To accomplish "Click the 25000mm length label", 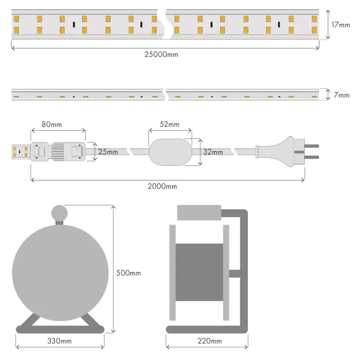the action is (x=161, y=55).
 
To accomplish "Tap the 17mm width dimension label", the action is (x=340, y=24).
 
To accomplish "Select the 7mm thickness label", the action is (x=341, y=95).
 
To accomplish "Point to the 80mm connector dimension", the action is (x=51, y=125).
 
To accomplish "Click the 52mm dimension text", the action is (x=170, y=125).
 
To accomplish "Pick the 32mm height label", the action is (x=214, y=152).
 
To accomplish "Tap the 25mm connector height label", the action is (x=108, y=152).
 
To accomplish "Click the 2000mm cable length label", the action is (x=162, y=187).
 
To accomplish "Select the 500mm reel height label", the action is (x=129, y=273).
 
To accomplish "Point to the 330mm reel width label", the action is (x=60, y=341).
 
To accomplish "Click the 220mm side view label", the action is (x=209, y=341).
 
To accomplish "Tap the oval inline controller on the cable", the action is (x=170, y=151).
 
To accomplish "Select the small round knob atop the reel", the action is (x=59, y=213).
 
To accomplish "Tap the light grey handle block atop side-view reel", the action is (x=198, y=212).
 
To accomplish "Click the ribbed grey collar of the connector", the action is (x=58, y=152).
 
